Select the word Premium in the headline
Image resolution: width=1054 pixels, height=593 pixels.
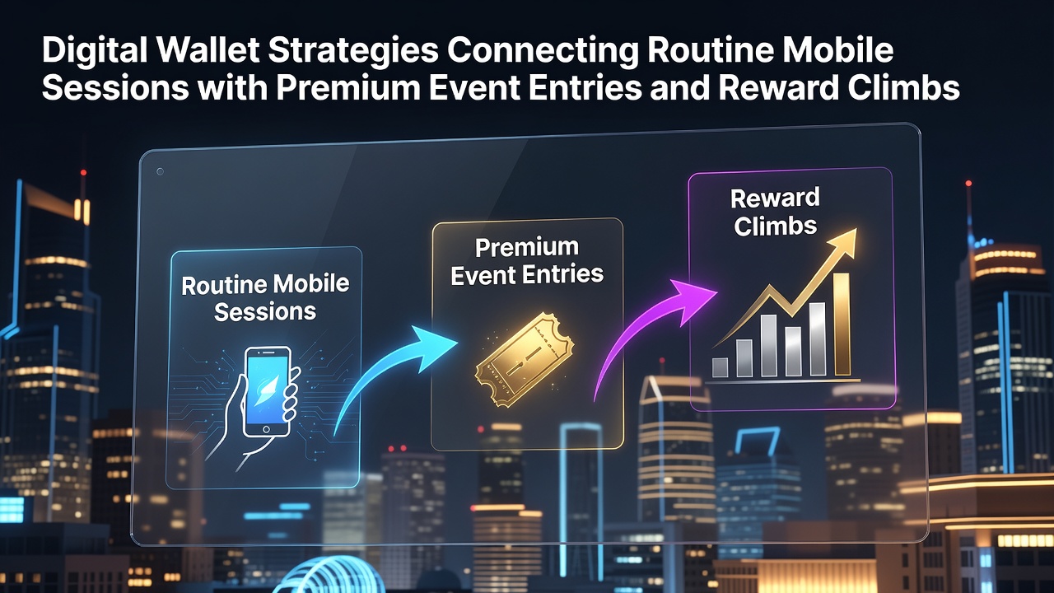(x=347, y=88)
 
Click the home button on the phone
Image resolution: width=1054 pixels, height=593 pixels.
(x=266, y=429)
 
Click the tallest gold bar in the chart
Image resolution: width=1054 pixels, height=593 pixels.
(x=842, y=325)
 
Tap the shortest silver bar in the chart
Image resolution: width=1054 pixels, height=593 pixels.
(x=720, y=367)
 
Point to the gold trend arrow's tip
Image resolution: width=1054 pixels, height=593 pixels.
(x=856, y=229)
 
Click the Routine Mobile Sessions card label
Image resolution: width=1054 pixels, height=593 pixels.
(x=265, y=298)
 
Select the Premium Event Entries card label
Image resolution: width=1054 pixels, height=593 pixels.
(x=527, y=261)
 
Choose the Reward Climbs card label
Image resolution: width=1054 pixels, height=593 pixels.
(x=775, y=212)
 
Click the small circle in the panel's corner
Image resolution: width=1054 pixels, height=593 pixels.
(x=160, y=171)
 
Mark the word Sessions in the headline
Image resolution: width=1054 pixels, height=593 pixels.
(x=115, y=88)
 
